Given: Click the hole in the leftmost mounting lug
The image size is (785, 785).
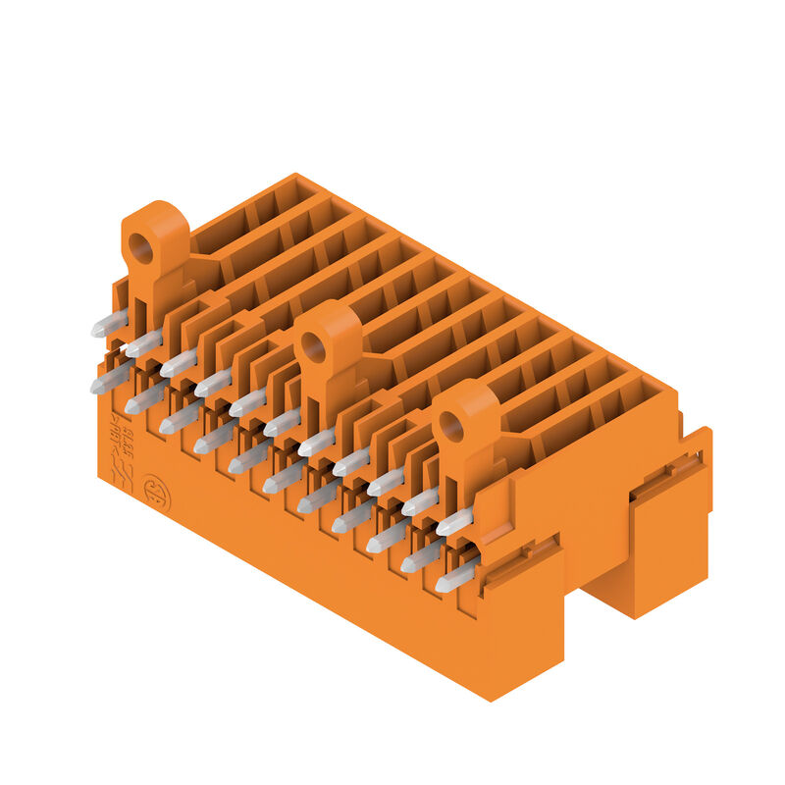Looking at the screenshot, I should [x=141, y=249].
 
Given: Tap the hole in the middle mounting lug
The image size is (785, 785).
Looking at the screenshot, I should [x=314, y=345].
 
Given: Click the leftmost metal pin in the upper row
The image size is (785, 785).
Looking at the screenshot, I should [x=109, y=323].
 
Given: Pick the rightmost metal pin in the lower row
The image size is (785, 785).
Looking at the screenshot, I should [x=454, y=578].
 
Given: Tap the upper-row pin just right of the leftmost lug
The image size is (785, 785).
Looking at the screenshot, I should [x=178, y=363].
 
